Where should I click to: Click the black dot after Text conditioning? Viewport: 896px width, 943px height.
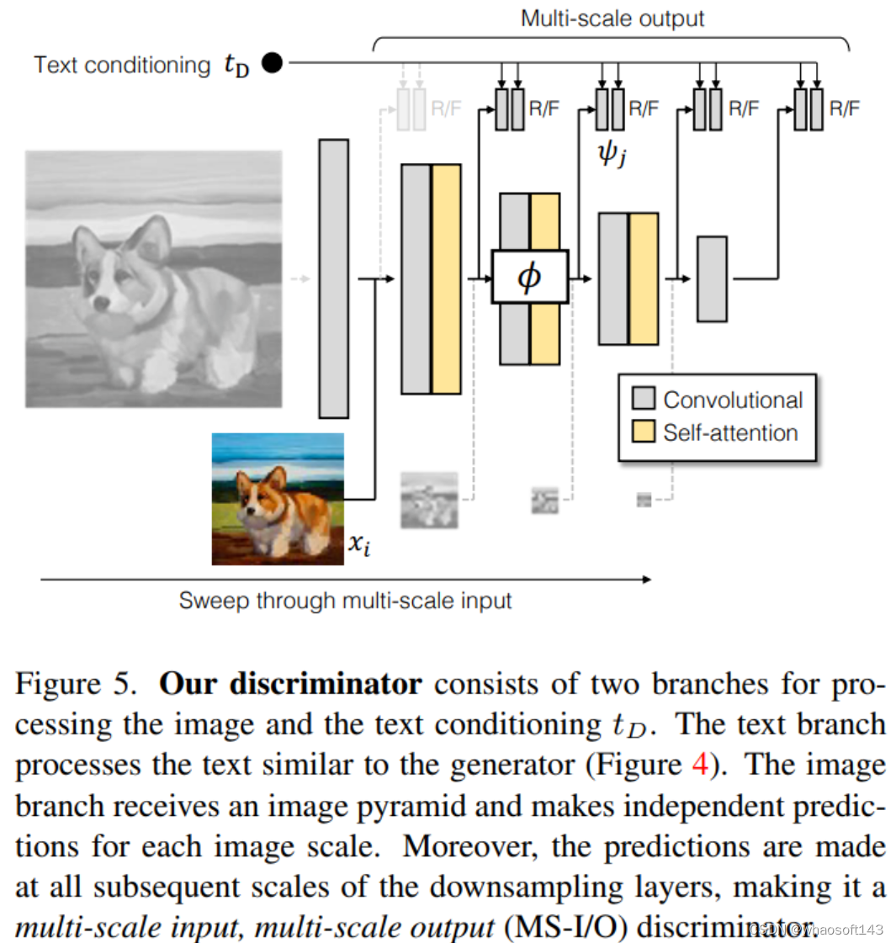coord(272,62)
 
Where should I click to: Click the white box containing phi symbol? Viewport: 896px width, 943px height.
coord(529,276)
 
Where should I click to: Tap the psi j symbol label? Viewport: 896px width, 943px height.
coord(612,153)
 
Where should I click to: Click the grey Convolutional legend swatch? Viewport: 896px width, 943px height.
coord(644,399)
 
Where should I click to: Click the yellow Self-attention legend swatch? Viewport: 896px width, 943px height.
coord(644,432)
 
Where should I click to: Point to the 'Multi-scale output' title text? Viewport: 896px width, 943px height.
coord(612,19)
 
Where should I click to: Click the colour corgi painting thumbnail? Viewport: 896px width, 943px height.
coord(278,498)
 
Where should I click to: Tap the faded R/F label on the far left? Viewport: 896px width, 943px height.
coord(446,109)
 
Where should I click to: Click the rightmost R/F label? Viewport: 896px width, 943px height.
coord(844,109)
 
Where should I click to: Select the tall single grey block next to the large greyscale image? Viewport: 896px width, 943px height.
coord(333,278)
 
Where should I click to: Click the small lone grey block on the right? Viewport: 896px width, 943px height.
coord(712,278)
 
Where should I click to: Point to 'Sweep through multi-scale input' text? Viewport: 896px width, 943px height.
coord(345,601)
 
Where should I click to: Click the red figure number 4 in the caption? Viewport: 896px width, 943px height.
coord(700,765)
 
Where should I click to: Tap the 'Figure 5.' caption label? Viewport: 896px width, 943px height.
coord(76,683)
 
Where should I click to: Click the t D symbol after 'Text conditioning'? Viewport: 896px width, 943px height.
coord(236,65)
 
